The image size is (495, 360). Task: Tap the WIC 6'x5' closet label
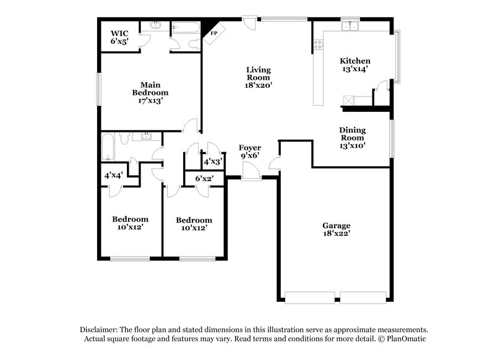click(x=119, y=37)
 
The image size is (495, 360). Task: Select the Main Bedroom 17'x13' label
click(x=150, y=92)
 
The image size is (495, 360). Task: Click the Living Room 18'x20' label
click(x=258, y=78)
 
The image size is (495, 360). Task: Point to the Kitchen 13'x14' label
click(x=355, y=65)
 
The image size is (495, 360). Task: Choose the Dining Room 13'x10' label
click(x=352, y=138)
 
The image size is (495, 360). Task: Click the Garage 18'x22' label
click(x=336, y=229)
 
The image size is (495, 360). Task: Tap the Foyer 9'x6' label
click(x=250, y=152)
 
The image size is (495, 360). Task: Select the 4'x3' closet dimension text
click(x=213, y=161)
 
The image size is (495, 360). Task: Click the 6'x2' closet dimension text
click(x=205, y=179)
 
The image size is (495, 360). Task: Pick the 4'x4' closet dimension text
click(x=113, y=176)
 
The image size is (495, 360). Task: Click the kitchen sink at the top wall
click(x=351, y=26)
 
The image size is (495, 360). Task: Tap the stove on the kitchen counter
click(x=320, y=45)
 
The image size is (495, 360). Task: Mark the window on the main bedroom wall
click(x=98, y=89)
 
